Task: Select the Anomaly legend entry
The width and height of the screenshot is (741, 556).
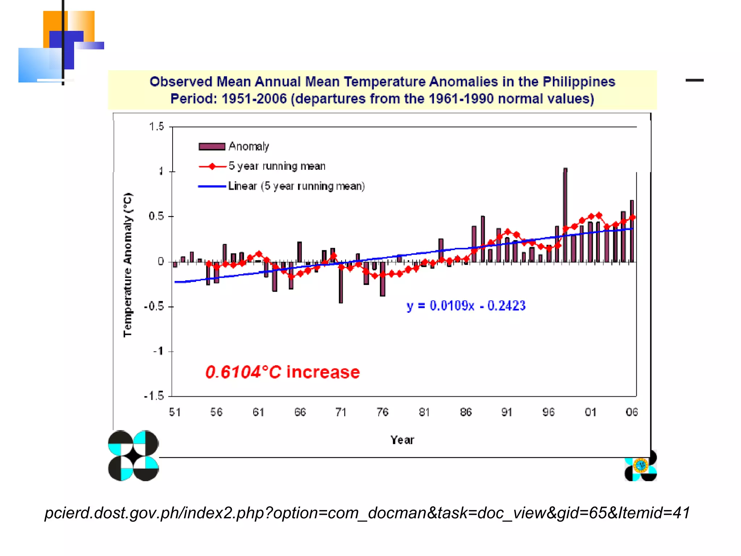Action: point(234,146)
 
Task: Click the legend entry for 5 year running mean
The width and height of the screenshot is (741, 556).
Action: point(262,166)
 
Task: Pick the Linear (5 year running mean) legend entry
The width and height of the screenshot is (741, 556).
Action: point(281,186)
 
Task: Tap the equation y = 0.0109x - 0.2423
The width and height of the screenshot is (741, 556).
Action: point(466,306)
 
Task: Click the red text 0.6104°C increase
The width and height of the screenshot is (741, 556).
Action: point(282,372)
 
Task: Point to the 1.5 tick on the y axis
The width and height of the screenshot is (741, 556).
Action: point(156,127)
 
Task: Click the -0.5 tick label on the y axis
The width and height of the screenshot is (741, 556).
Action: point(154,307)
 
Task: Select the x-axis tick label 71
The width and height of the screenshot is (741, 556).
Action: point(341,412)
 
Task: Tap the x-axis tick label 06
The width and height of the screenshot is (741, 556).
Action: point(631,412)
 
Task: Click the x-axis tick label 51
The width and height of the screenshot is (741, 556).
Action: point(175,412)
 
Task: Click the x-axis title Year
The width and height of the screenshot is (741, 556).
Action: point(402,440)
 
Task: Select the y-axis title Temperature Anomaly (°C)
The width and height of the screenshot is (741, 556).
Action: point(128,265)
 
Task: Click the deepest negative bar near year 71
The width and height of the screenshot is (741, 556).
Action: point(341,282)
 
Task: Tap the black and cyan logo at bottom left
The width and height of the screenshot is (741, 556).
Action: point(133,455)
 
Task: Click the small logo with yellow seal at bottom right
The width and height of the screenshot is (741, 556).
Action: point(640,466)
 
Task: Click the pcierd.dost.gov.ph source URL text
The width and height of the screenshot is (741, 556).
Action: point(367,513)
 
